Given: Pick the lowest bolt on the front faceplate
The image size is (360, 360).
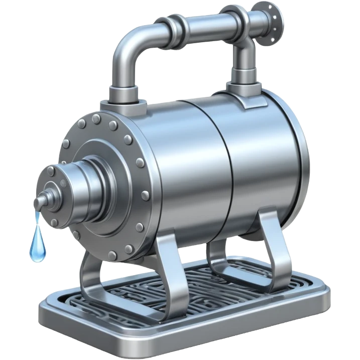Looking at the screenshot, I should (129, 248).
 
